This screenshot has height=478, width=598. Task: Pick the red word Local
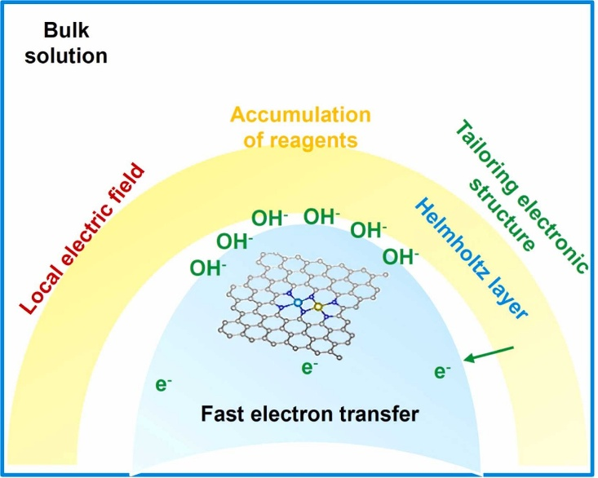[40, 289]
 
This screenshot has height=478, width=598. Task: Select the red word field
[127, 184]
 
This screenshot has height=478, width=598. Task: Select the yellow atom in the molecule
[318, 308]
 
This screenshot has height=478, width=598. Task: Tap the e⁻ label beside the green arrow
[442, 372]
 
